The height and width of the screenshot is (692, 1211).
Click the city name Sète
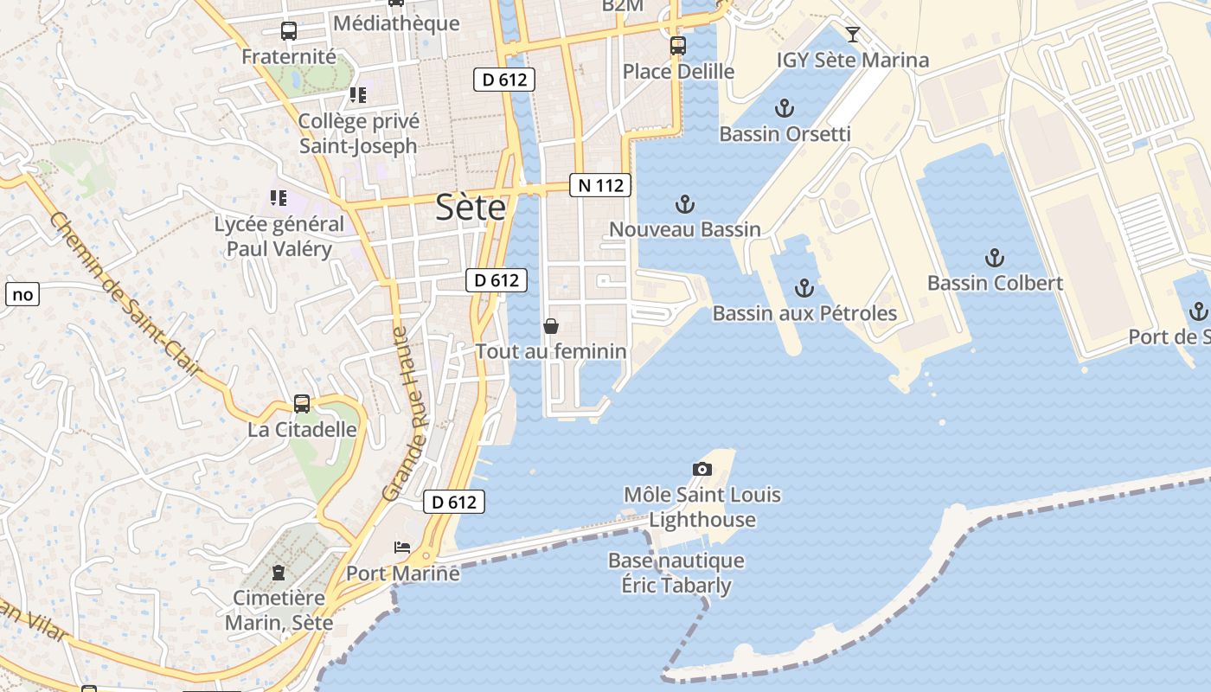coord(471,208)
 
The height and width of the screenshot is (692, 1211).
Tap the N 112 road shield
coord(600,184)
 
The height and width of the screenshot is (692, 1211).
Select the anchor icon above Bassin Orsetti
coord(784,109)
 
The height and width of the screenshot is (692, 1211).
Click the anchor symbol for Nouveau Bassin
coord(684,205)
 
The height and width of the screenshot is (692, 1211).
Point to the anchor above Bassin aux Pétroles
coord(804,288)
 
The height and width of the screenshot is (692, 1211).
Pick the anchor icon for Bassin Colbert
coord(995,258)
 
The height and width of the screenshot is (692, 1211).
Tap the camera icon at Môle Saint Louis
coord(702,470)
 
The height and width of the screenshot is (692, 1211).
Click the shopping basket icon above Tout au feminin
coord(550,326)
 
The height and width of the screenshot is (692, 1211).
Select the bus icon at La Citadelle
coord(302,403)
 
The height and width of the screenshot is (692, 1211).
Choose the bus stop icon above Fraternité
coord(289,31)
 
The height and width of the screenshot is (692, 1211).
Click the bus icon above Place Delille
coord(678,46)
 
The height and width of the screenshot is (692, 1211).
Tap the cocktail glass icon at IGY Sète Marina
coord(853,35)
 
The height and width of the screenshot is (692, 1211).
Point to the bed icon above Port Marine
coord(402,547)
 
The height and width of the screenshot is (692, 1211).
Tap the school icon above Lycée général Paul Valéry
coord(278,199)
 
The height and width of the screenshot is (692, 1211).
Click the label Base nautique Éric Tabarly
coord(676,573)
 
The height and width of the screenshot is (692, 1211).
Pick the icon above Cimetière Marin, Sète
coord(279,572)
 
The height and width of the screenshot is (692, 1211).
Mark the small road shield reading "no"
coord(22,294)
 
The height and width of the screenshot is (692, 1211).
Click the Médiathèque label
coord(396,22)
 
